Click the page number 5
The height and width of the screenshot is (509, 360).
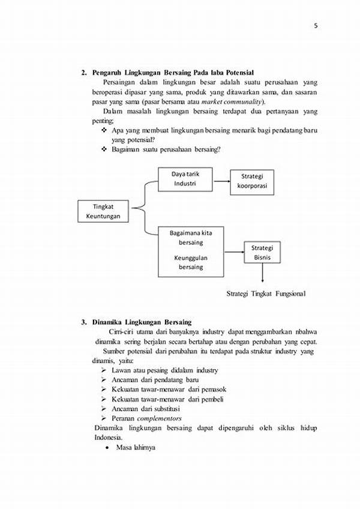pos(315,26)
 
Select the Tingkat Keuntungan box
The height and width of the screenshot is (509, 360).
pos(103,211)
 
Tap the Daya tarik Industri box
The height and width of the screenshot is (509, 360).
pos(185,179)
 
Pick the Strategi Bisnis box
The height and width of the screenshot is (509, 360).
pos(262,253)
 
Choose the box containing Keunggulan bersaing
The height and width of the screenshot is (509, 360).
pos(191,251)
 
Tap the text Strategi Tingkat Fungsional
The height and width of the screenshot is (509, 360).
pos(265,294)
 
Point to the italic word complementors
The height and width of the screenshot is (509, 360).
pos(159,418)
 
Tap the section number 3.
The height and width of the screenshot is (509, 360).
pos(83,322)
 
